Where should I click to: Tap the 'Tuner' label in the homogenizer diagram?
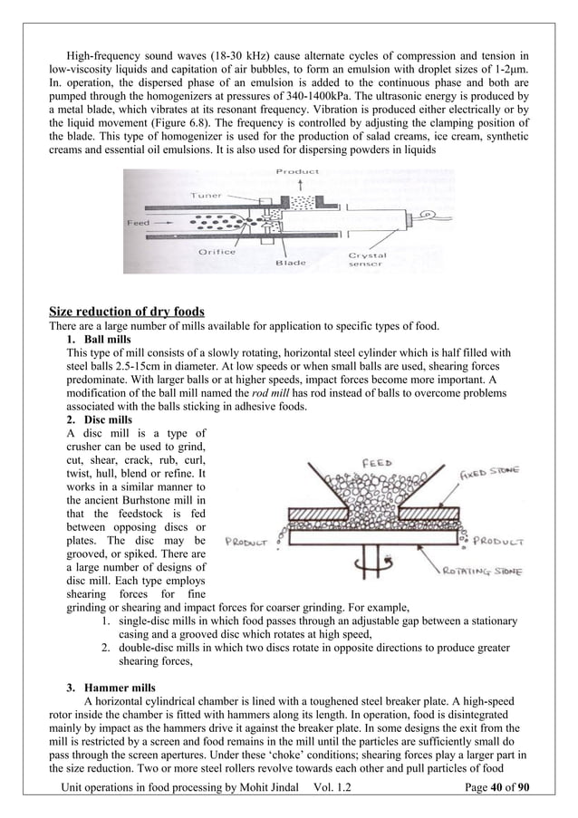[208, 195]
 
